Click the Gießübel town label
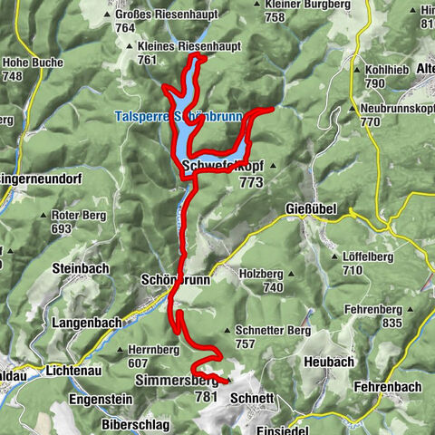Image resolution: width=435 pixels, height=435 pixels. click(x=311, y=209)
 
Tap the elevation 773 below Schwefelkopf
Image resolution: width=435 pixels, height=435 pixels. click(x=252, y=181)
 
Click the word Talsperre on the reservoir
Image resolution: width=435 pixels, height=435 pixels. click(x=140, y=116)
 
